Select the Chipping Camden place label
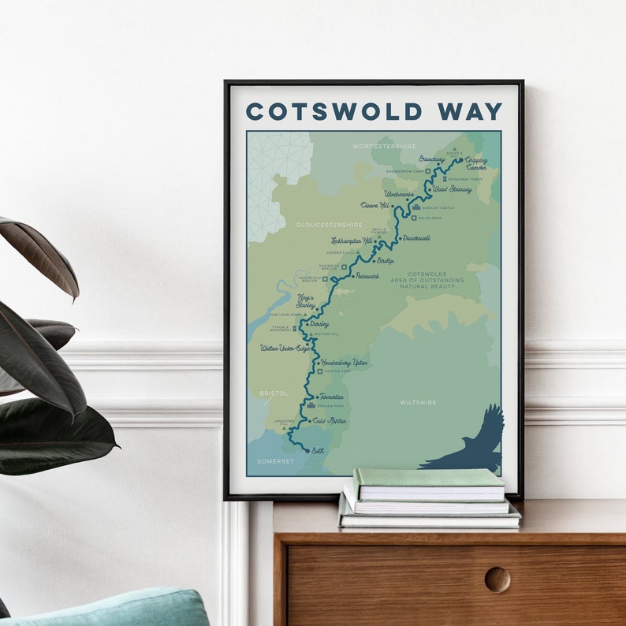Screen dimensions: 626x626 click(x=476, y=164)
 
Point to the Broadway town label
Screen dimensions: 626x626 click(x=432, y=158)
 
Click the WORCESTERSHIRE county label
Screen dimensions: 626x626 click(x=384, y=146)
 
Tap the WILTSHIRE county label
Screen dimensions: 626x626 click(x=418, y=402)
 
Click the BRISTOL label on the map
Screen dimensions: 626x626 click(x=274, y=393)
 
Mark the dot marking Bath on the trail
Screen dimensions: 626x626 click(x=307, y=450)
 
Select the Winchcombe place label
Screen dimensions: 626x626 click(x=398, y=193)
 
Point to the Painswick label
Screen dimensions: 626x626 click(x=367, y=276)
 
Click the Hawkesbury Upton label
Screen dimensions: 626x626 click(x=345, y=363)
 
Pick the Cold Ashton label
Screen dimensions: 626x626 click(x=330, y=421)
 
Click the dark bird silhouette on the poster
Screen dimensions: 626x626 click(x=469, y=445)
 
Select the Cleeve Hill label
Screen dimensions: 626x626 click(x=375, y=205)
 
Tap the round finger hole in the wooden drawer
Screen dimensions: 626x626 click(x=497, y=579)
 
